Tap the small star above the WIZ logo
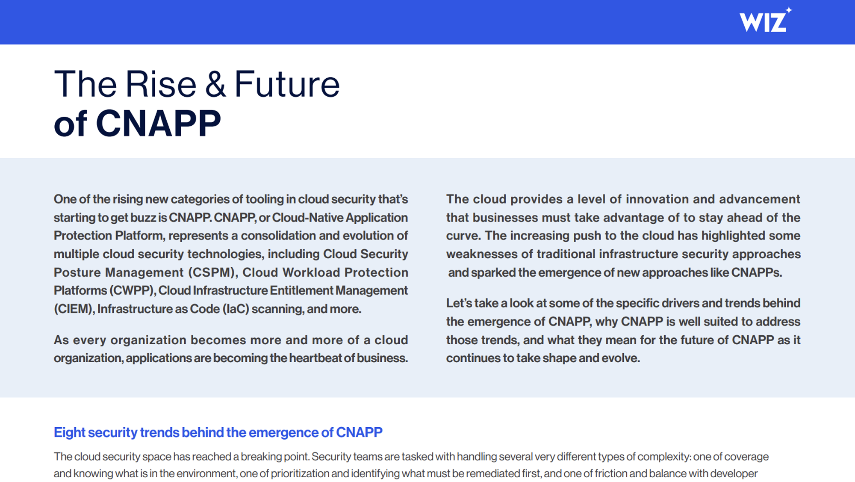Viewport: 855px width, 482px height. coord(789,10)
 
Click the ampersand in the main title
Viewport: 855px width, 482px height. coord(215,84)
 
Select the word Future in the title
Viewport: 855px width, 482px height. coord(287,84)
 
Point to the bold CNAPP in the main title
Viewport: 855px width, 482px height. coord(158,124)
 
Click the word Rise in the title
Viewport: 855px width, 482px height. coord(161,84)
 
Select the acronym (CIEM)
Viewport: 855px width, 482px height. coord(74,309)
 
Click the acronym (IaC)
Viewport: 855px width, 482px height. coord(236,309)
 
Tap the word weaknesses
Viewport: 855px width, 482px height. coord(481,254)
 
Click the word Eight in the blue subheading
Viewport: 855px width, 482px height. coord(69,433)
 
